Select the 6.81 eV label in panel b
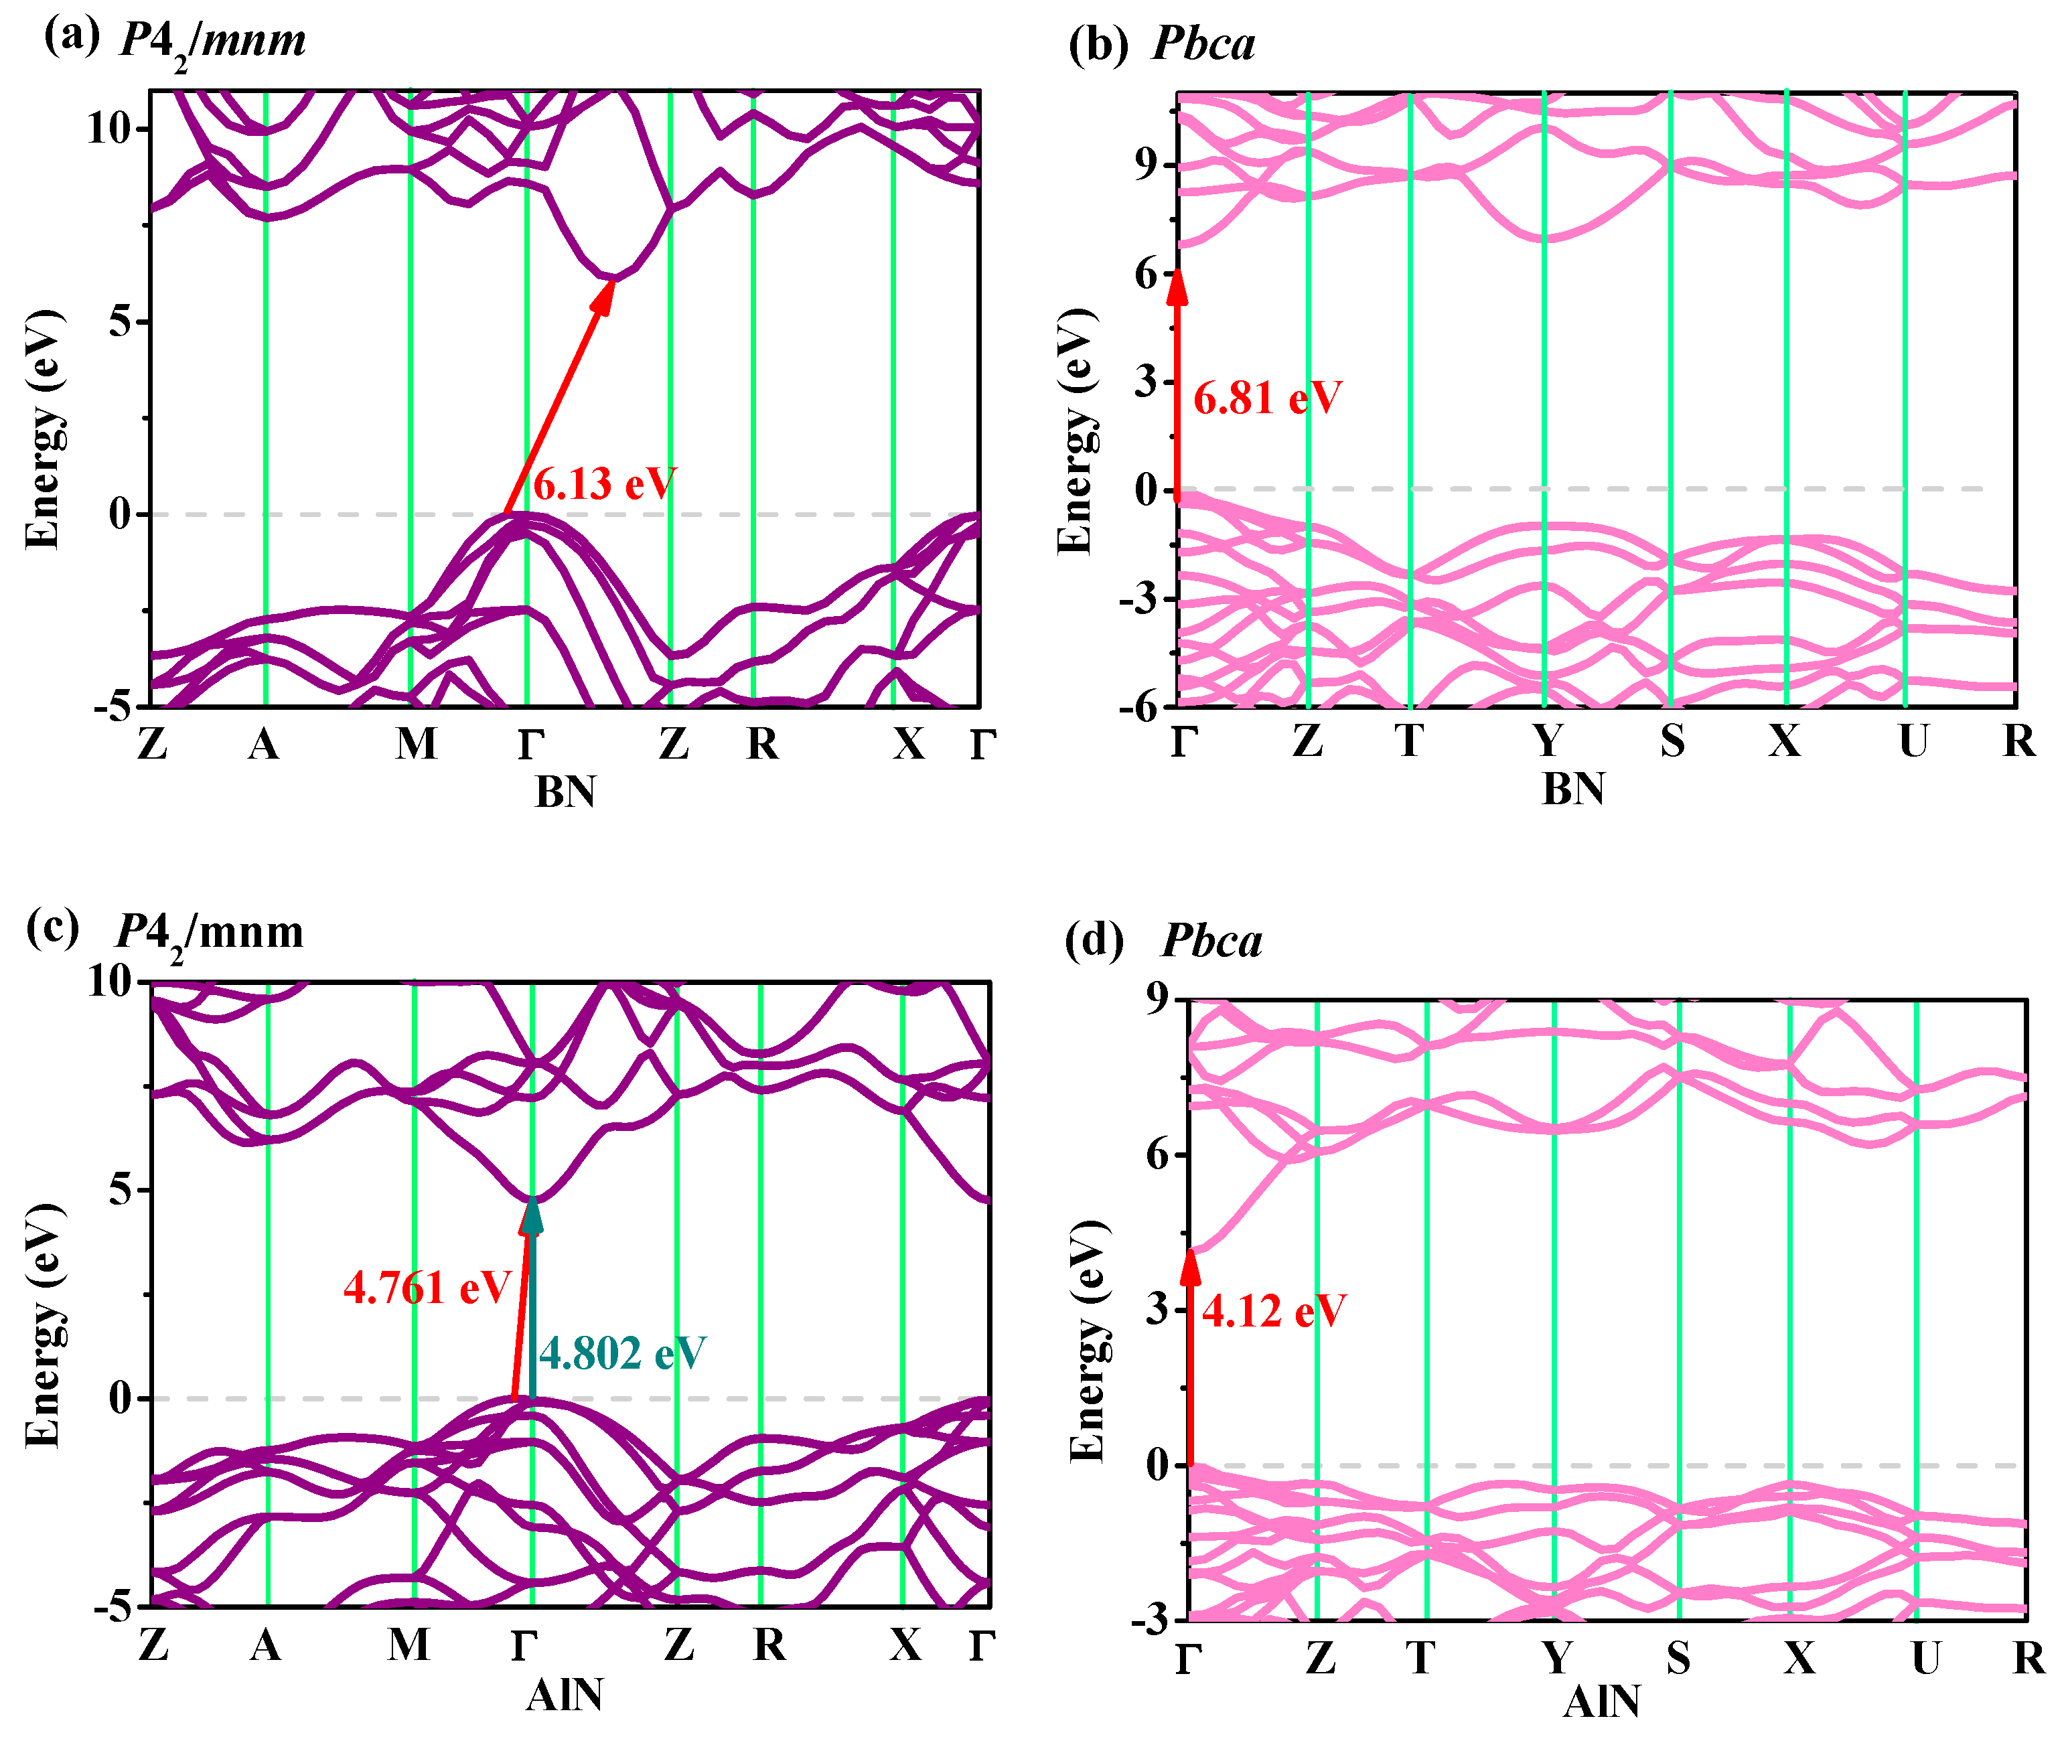coord(1268,398)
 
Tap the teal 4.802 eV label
coord(622,1353)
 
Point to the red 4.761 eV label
coord(427,1288)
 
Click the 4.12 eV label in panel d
coord(1274,1312)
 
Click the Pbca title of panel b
coord(1203,44)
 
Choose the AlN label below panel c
coord(564,1695)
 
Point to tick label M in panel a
coord(416,743)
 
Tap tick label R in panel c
coord(769,1645)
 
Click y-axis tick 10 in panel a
coord(109,129)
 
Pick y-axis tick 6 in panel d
coord(1158,1154)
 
